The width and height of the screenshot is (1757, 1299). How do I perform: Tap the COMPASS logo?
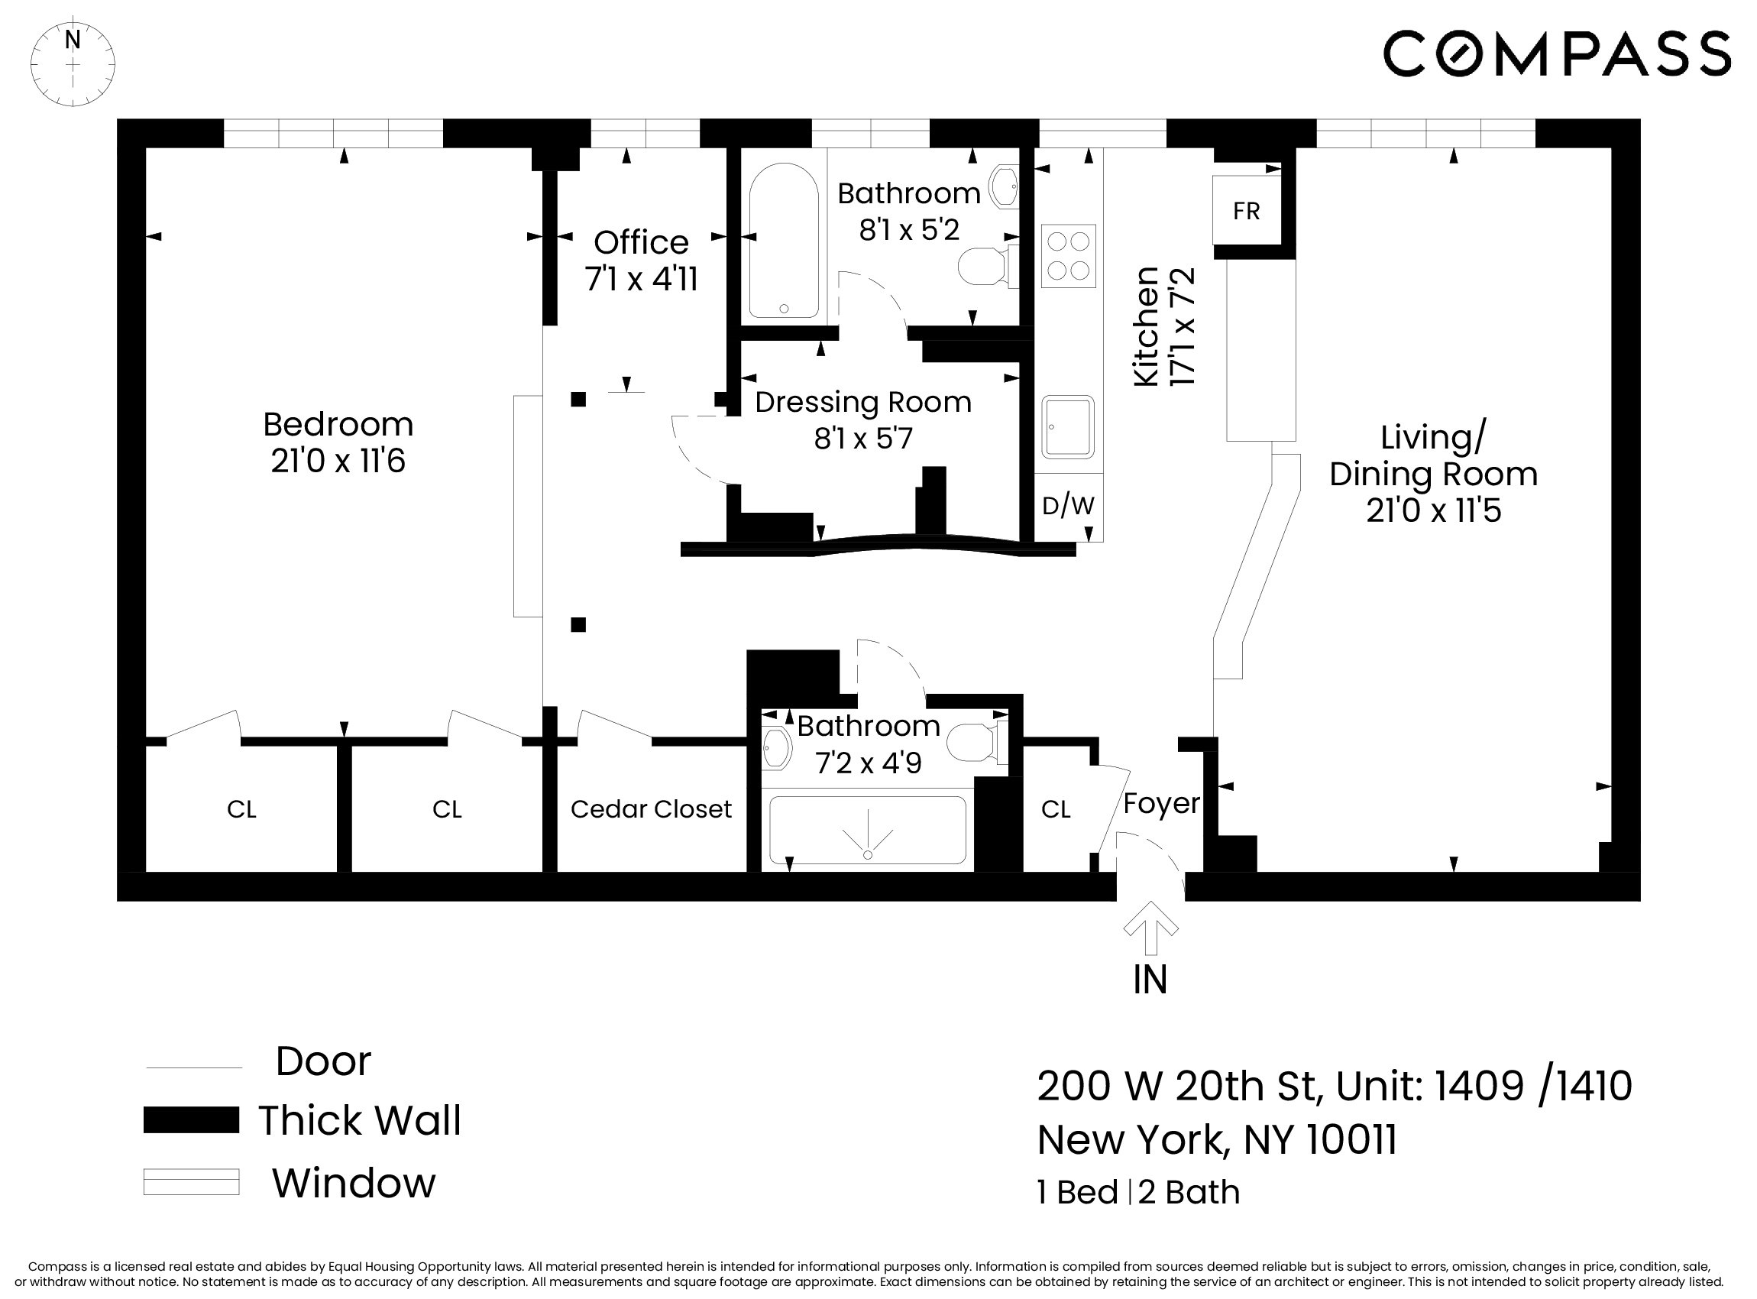pos(1557,53)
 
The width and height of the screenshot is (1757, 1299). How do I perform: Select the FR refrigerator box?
pos(1246,210)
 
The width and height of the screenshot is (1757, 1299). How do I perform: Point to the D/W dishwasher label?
pos(1067,506)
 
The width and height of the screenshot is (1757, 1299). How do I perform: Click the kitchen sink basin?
pos(1066,427)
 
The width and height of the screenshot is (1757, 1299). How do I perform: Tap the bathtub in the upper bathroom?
pos(783,240)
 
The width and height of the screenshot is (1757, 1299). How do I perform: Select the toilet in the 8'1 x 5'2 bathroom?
pos(985,266)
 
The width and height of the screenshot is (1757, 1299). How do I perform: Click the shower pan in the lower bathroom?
pos(867,831)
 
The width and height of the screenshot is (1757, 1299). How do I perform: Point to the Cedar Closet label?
pos(650,808)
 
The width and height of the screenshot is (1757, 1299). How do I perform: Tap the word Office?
pos(641,242)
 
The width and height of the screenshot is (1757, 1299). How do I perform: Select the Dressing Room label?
pos(862,402)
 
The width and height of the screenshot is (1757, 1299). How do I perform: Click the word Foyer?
pos(1160,803)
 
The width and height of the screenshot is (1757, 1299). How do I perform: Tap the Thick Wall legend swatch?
pos(191,1119)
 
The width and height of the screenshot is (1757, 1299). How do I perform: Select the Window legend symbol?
pos(191,1182)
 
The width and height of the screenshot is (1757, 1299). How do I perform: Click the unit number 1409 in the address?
pos(1479,1086)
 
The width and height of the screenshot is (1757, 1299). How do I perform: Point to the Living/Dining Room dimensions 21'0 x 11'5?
pos(1432,510)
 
